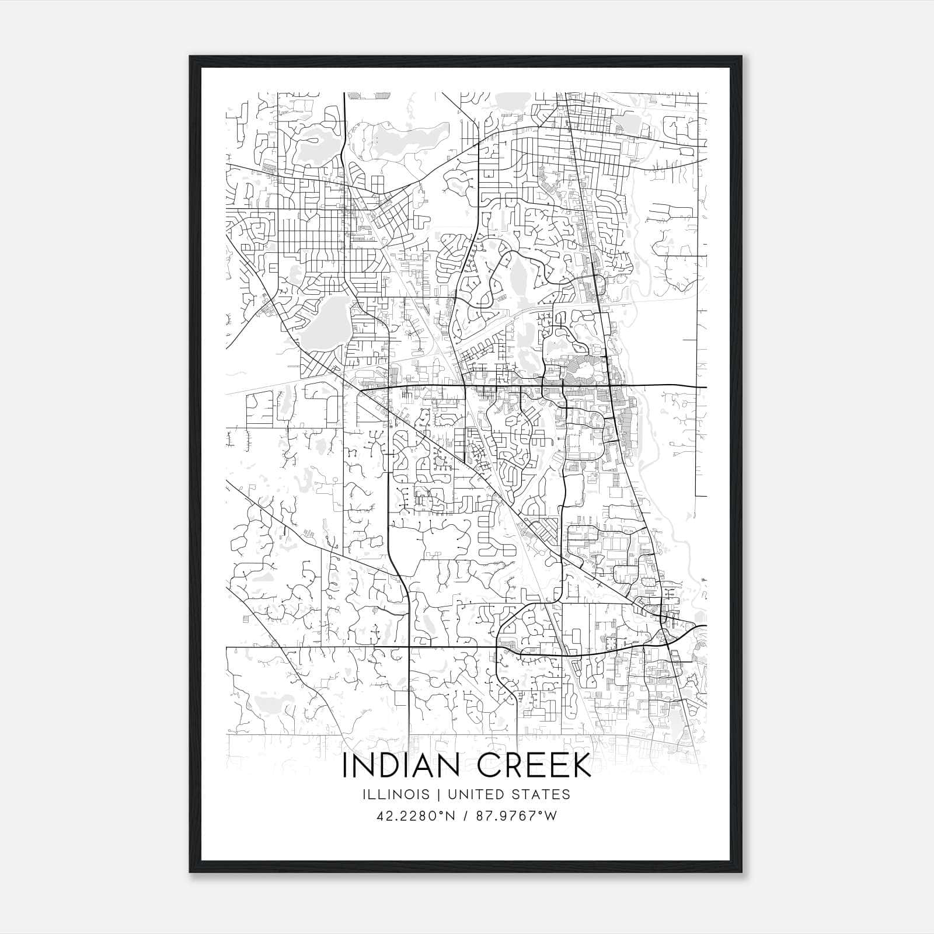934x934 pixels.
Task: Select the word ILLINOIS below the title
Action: tap(396, 794)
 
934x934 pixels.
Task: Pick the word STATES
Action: tap(541, 794)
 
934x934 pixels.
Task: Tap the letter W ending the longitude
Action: tap(551, 816)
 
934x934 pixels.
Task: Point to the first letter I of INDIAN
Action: tap(346, 766)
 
